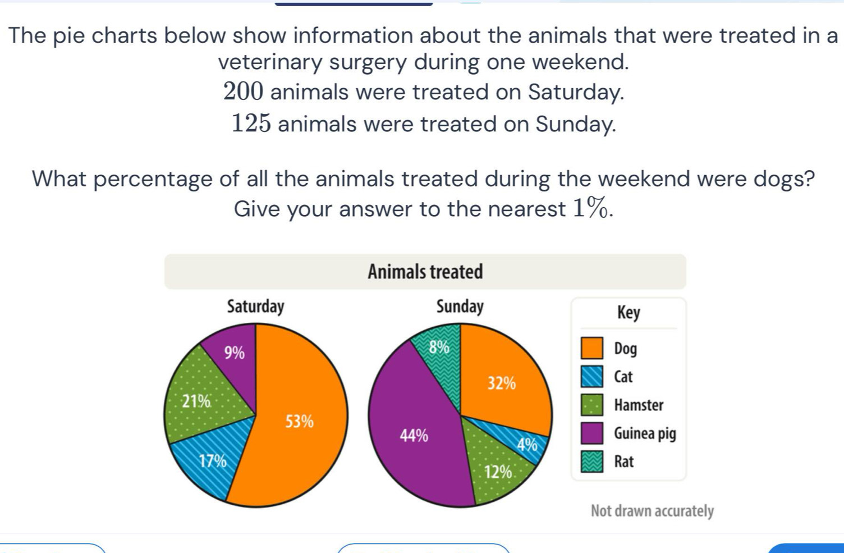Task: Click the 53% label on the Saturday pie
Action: [x=300, y=421]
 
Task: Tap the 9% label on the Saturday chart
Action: [x=235, y=353]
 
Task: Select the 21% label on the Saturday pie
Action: [x=196, y=401]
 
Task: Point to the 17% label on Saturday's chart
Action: [x=213, y=461]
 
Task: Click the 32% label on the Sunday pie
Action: [x=501, y=383]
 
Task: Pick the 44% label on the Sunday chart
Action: [x=414, y=435]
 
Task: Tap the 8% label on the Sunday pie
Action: [x=439, y=347]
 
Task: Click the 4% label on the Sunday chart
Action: [x=527, y=445]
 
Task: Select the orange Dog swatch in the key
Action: [x=592, y=348]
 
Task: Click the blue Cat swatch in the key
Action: [x=592, y=377]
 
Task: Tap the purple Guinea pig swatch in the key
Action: [x=592, y=433]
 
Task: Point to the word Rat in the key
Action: [x=623, y=461]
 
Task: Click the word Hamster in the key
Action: [x=639, y=405]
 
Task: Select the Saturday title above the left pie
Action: [x=256, y=307]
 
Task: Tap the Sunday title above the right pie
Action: [x=460, y=307]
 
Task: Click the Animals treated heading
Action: [x=425, y=272]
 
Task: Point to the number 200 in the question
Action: [x=243, y=92]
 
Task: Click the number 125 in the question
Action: [x=251, y=124]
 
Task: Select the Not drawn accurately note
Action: [x=652, y=511]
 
